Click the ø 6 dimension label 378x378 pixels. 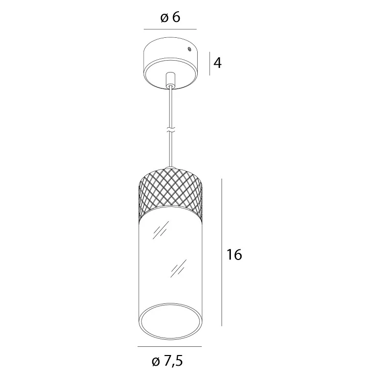(170, 17)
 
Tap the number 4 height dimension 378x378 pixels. (218, 63)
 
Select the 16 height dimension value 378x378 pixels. (234, 254)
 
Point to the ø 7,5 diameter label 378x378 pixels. (168, 361)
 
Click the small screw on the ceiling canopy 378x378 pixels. (190, 49)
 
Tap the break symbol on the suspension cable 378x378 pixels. (171, 130)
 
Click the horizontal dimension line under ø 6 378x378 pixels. (170, 30)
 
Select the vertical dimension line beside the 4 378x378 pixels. (210, 63)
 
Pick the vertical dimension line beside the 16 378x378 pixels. (222, 252)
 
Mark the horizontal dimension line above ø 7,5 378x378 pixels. (170, 347)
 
